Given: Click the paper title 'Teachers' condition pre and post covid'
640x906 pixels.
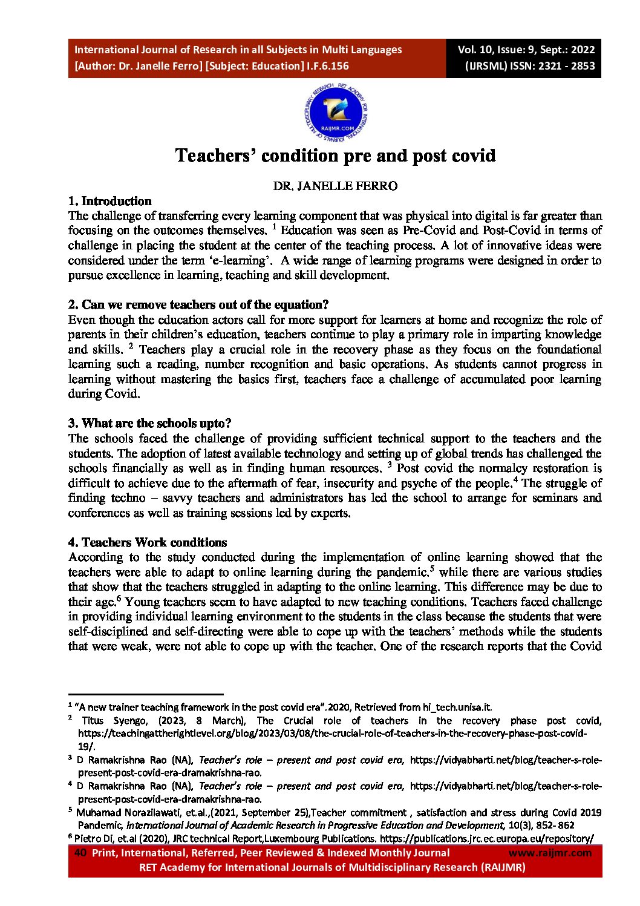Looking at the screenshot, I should click(x=335, y=156).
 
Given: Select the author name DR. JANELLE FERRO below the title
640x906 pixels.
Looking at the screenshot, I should click(x=335, y=186).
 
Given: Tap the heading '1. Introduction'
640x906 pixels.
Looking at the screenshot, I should click(x=109, y=201).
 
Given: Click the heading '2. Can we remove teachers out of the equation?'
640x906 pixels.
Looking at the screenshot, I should click(x=198, y=304).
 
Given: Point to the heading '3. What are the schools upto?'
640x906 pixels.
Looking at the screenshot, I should click(x=149, y=423).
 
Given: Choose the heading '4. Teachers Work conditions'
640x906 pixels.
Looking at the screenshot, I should click(x=148, y=542).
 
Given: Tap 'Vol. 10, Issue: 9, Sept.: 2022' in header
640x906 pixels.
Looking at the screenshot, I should click(x=526, y=50).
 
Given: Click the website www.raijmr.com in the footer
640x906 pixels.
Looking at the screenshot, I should click(x=550, y=853).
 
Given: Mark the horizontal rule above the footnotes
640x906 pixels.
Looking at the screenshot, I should click(x=146, y=695).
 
